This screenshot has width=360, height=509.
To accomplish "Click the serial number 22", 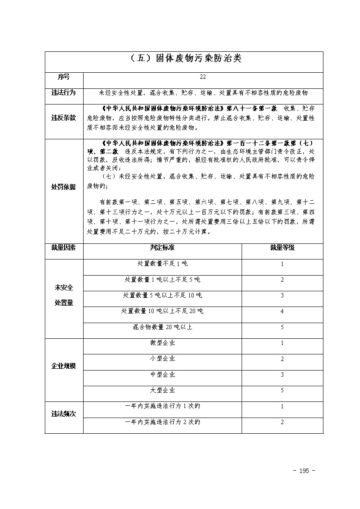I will (x=203, y=77).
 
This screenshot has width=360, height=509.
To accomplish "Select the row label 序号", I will (x=64, y=77).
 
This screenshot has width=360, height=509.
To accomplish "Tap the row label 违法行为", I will (x=64, y=93).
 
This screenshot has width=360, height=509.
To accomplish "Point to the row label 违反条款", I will (x=64, y=118).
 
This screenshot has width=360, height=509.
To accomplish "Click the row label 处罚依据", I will (x=64, y=187).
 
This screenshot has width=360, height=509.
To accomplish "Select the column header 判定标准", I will (x=162, y=247).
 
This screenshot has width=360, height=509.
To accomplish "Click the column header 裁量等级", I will (x=282, y=247).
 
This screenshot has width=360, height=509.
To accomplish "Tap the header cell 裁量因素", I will (x=64, y=247).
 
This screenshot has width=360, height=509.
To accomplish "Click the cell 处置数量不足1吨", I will (x=162, y=264).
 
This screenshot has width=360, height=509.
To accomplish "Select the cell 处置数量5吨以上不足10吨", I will (x=162, y=296).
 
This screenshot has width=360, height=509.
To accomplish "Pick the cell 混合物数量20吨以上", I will (x=162, y=327).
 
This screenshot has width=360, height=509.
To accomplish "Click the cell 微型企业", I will (x=162, y=343).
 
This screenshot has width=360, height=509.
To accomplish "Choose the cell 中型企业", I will (x=162, y=374).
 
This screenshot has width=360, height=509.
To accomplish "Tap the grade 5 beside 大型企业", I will (x=282, y=391).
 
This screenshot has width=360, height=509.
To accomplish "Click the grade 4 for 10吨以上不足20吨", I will (x=282, y=311).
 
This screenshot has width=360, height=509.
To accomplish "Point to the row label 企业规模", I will (x=64, y=366).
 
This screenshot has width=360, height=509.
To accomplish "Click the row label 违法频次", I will (x=64, y=414).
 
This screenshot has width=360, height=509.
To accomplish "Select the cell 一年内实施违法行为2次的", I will (x=162, y=422).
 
